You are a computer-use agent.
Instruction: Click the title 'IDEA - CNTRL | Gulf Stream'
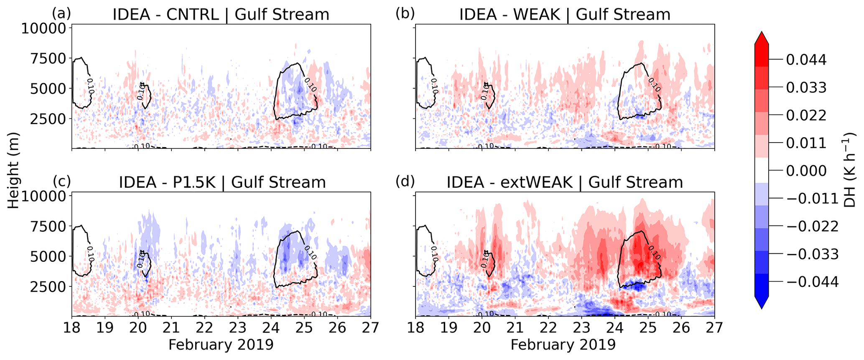tap(221, 15)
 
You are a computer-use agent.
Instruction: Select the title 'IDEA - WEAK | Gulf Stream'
tap(565, 15)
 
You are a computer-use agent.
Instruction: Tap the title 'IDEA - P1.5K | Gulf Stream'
tap(222, 183)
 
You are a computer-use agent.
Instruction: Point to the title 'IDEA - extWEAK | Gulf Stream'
tap(565, 183)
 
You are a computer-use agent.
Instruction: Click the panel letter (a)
tap(61, 13)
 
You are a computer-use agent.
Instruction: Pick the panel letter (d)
tap(405, 181)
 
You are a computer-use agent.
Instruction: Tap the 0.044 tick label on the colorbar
tap(806, 60)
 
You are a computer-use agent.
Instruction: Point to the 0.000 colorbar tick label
tap(806, 171)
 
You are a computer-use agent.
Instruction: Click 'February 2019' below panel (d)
tap(563, 345)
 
